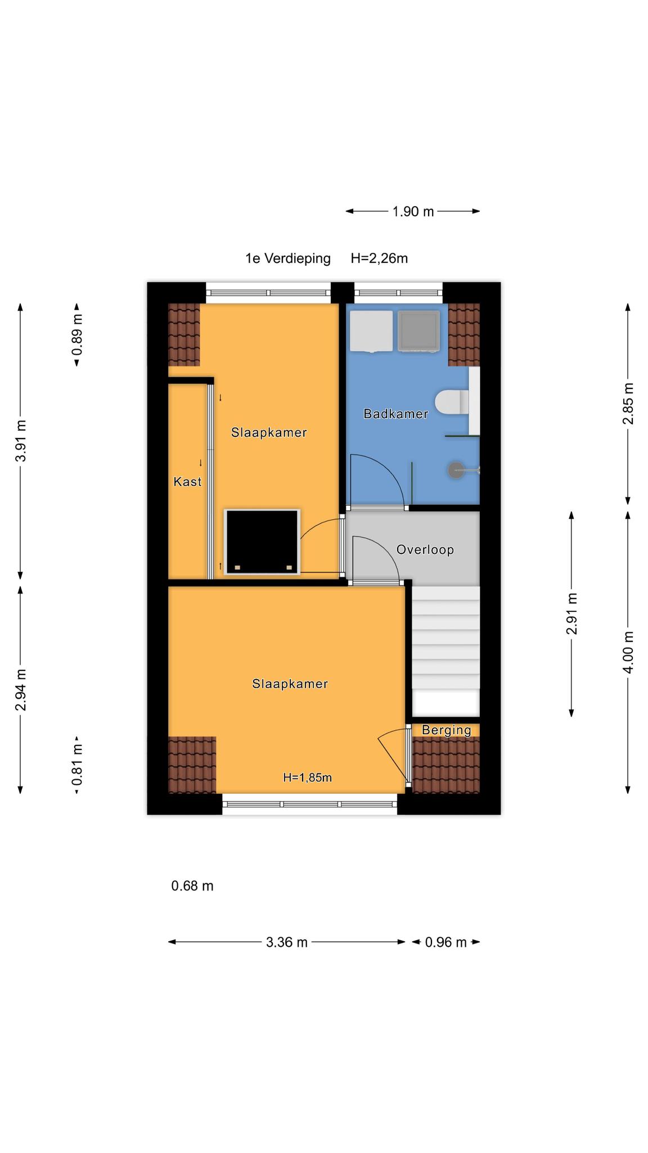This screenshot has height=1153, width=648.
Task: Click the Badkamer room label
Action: [395, 414]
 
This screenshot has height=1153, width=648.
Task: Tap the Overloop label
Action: [425, 549]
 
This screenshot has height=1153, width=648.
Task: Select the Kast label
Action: [187, 481]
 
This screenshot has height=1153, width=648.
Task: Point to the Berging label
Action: [447, 730]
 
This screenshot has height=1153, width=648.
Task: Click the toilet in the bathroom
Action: [452, 401]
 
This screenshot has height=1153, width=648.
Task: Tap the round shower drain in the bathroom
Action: [456, 470]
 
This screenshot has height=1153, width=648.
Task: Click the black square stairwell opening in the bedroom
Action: [262, 542]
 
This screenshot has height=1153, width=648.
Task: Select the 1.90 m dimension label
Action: [413, 212]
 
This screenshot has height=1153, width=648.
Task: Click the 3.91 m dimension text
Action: [21, 441]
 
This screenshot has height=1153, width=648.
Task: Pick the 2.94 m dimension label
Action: [21, 690]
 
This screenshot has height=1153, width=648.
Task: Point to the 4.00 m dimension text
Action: [628, 652]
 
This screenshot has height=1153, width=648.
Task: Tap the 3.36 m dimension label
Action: [287, 942]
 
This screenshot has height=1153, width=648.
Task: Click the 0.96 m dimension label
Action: [446, 942]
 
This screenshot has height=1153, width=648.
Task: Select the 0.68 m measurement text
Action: [192, 886]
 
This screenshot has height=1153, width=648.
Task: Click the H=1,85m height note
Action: [307, 777]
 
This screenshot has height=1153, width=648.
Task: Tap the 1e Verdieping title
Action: [288, 258]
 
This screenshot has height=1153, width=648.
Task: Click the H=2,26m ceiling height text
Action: [379, 258]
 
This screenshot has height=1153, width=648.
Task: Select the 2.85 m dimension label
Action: [628, 404]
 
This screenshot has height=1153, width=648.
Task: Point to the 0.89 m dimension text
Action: [77, 335]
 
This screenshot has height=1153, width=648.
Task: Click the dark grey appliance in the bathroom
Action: [418, 331]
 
